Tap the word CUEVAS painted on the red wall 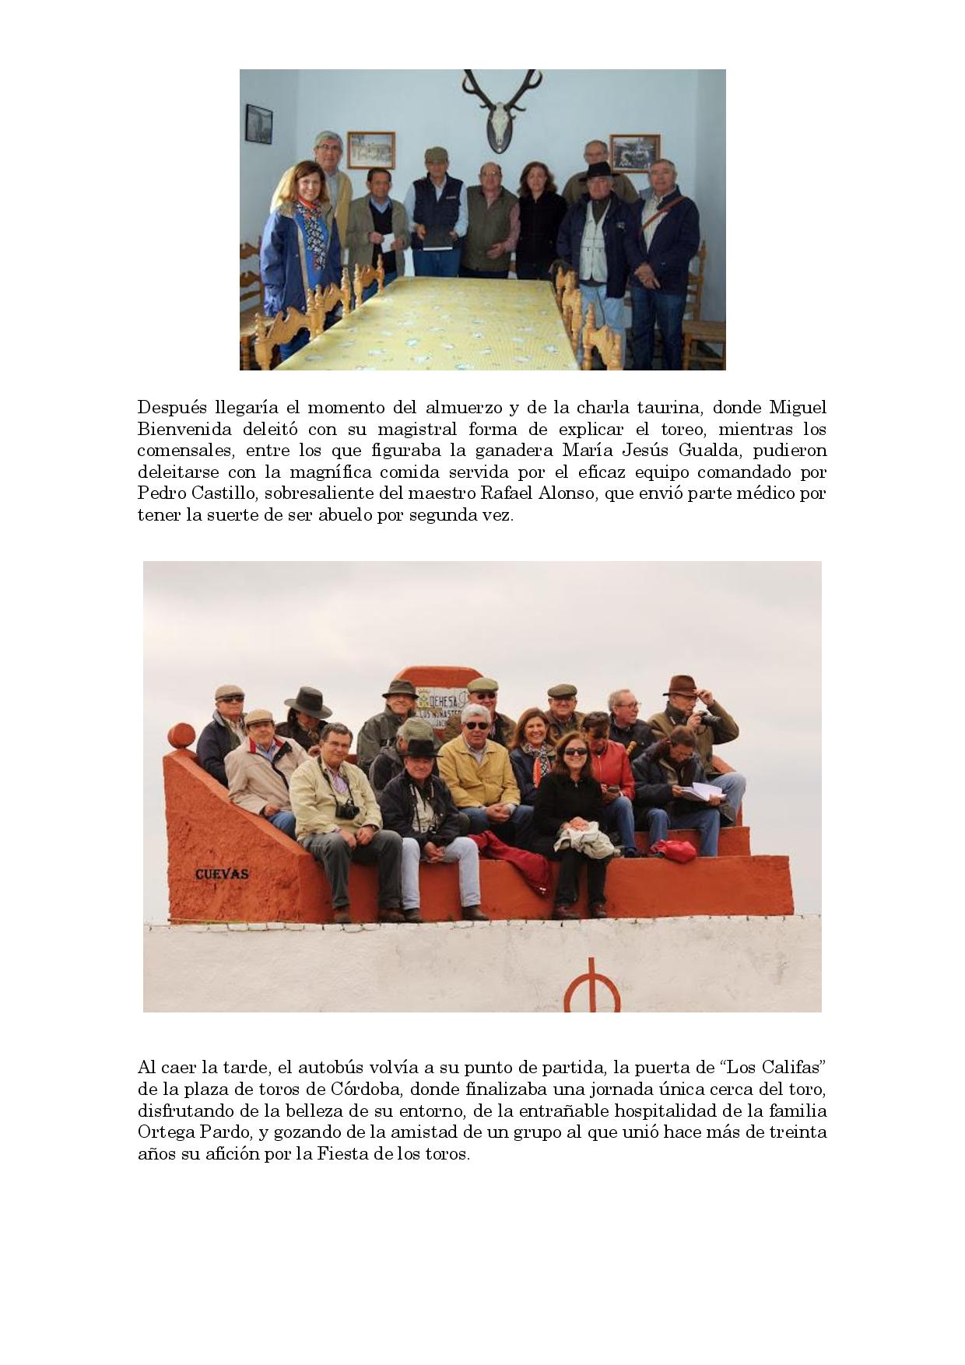(x=222, y=874)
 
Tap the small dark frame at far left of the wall (x=258, y=125)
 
